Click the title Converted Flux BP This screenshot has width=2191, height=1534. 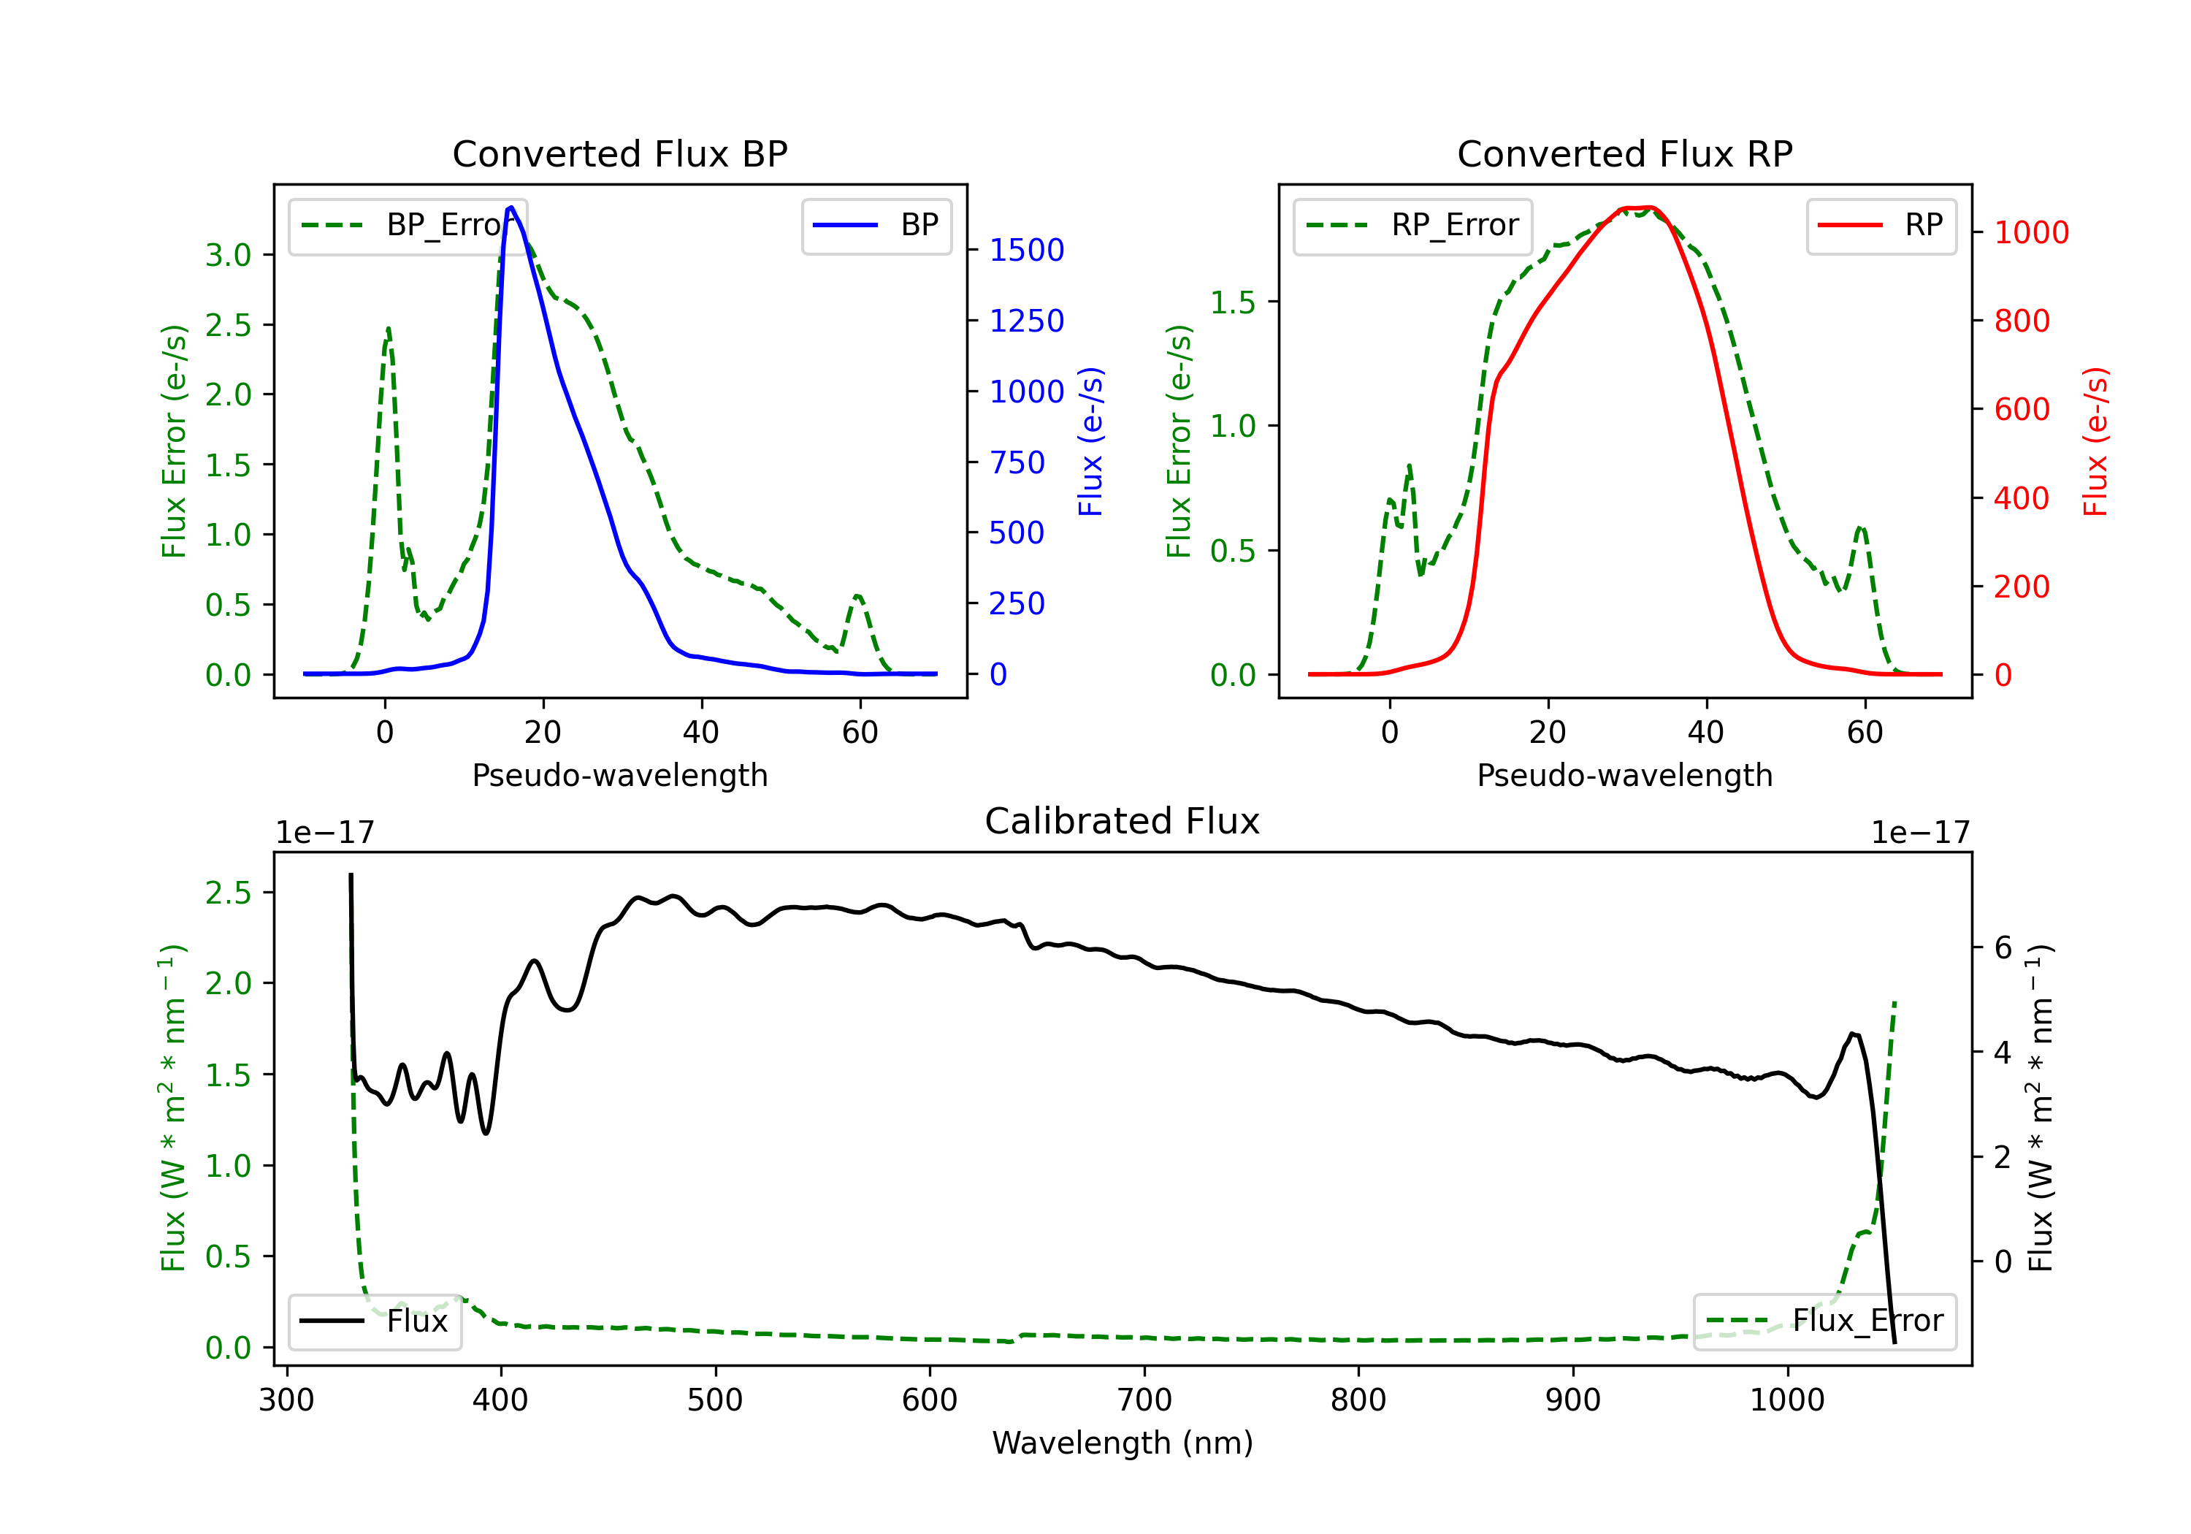(619, 153)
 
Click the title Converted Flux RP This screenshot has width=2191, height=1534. (1624, 153)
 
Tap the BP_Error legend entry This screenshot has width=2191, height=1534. (408, 225)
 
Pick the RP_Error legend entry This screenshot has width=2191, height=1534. (1412, 225)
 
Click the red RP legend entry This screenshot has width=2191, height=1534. (1881, 225)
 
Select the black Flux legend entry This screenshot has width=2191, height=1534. (374, 1321)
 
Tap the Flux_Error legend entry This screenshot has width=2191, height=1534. (1824, 1321)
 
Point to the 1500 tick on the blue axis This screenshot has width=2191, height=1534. (1026, 250)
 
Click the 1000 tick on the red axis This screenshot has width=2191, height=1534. (2030, 232)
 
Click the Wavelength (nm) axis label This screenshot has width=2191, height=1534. (1123, 1443)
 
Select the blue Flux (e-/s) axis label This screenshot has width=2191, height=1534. (1090, 441)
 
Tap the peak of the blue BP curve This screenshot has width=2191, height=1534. (511, 207)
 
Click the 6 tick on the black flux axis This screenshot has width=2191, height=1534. (2002, 948)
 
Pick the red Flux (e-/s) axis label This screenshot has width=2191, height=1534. (2095, 441)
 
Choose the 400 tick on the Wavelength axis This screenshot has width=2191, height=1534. (500, 1400)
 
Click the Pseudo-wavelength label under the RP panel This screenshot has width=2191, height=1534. (1624, 775)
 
